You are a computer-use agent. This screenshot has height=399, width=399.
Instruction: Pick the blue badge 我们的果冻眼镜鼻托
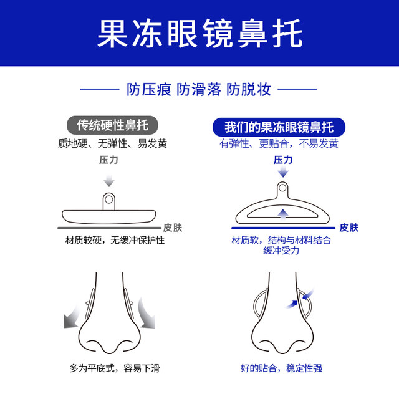click(279, 127)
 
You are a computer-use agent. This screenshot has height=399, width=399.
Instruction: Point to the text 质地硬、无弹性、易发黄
click(112, 143)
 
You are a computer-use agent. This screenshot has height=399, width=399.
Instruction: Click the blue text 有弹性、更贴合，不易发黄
click(279, 143)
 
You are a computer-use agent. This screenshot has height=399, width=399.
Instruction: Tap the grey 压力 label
click(109, 160)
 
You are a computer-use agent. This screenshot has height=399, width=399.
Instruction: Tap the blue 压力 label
click(282, 160)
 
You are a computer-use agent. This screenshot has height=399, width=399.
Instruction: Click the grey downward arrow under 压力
click(109, 180)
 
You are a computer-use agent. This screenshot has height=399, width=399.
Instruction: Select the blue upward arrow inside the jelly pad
click(282, 213)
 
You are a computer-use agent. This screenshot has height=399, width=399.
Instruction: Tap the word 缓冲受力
click(281, 251)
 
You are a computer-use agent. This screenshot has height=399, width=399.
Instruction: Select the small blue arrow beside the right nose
click(289, 302)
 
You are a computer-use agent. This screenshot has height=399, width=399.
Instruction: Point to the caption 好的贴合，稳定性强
click(281, 368)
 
